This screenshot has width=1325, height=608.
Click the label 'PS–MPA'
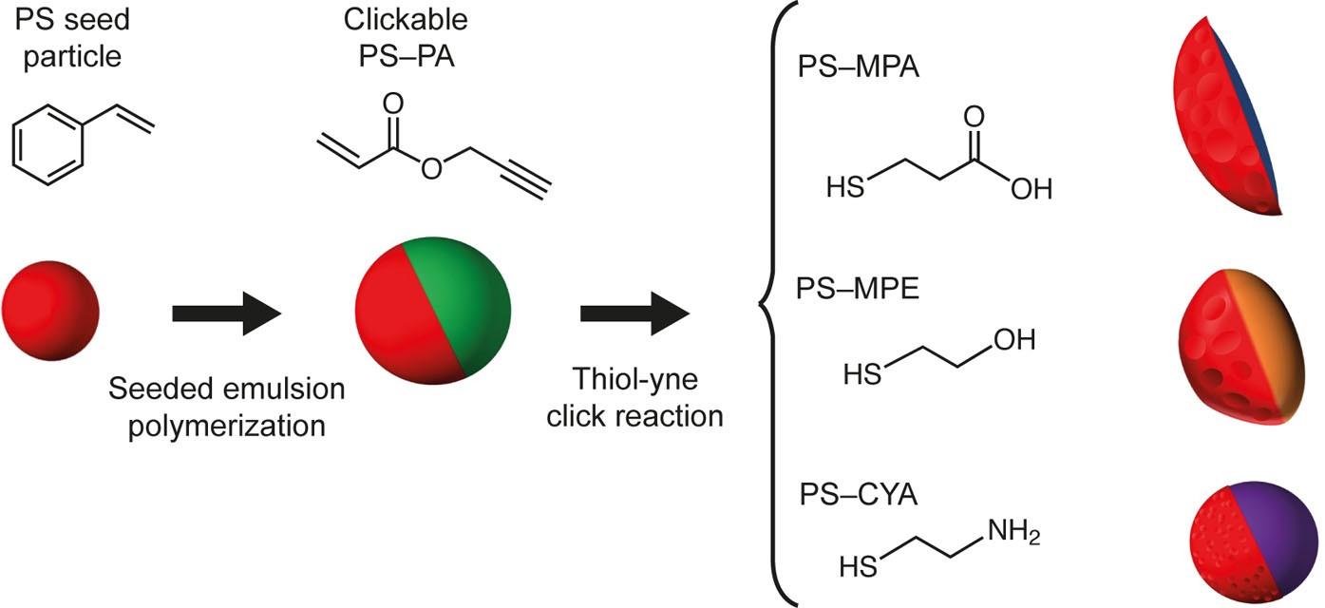861,68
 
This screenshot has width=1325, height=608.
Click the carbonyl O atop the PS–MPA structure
973,117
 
